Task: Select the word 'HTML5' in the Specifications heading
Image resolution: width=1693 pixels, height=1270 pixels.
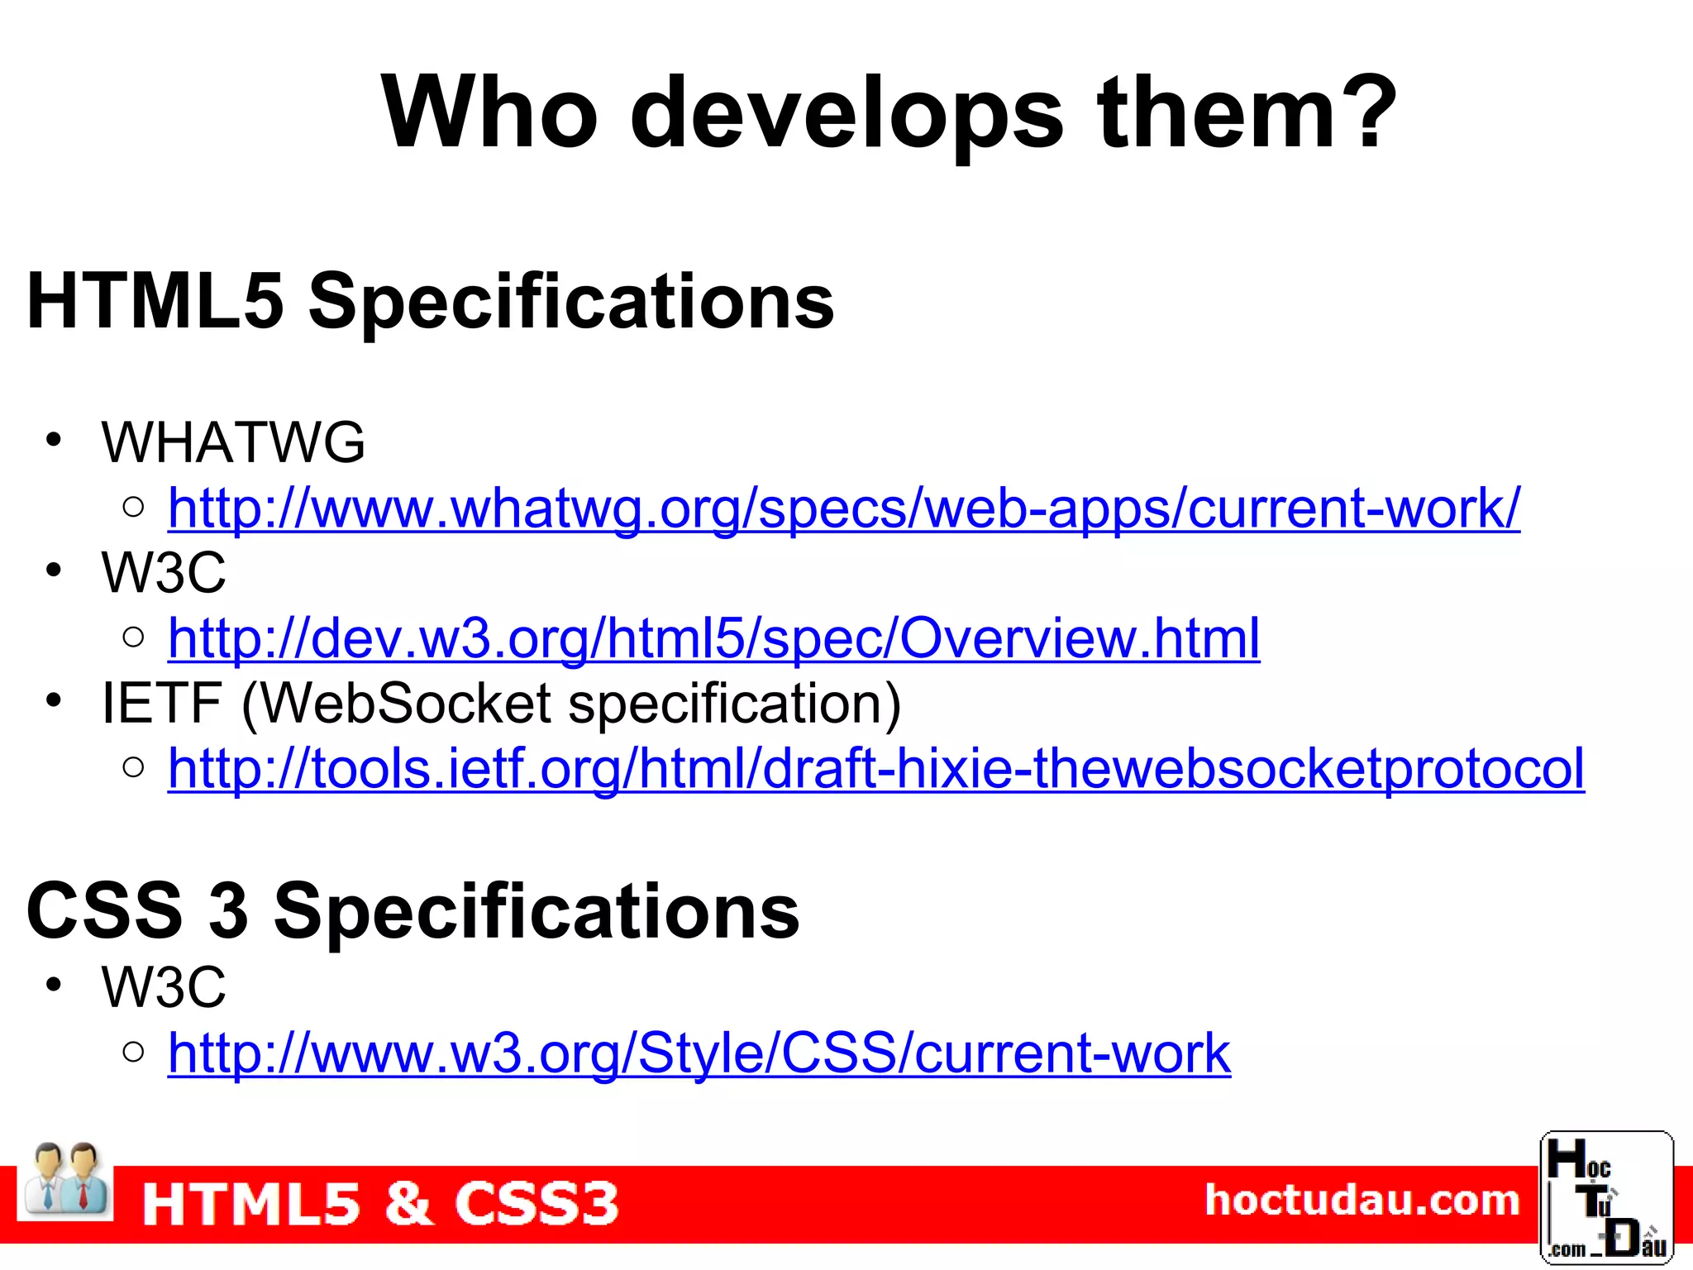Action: click(x=155, y=301)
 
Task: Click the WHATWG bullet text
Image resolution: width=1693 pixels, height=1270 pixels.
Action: click(x=233, y=442)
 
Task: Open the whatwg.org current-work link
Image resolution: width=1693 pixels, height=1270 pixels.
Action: click(x=843, y=508)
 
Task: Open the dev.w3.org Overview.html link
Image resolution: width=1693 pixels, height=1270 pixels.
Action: click(x=713, y=638)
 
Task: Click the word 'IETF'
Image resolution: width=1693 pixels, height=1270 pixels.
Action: click(x=161, y=704)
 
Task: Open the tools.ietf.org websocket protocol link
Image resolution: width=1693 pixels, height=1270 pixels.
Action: click(x=875, y=769)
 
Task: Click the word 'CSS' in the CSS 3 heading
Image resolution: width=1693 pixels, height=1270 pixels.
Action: click(x=104, y=910)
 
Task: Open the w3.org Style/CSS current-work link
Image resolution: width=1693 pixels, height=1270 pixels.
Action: click(x=699, y=1053)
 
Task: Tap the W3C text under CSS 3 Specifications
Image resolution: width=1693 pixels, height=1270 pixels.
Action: click(x=164, y=987)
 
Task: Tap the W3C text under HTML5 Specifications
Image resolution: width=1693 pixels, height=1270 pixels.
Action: click(x=164, y=572)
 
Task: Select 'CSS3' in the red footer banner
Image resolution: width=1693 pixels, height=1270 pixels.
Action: click(x=536, y=1203)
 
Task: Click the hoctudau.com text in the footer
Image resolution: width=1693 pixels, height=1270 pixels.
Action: click(x=1362, y=1201)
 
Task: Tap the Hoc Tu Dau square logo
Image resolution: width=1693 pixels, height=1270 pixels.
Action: click(x=1605, y=1197)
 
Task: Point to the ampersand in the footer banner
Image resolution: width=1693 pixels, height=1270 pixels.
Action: click(x=408, y=1203)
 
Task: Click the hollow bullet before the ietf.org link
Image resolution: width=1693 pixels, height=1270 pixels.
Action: click(x=133, y=767)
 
